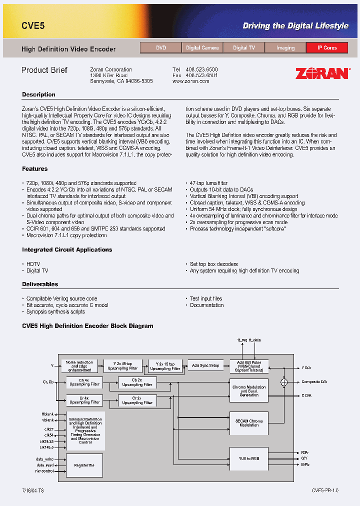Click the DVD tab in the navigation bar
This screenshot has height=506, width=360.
[161, 48]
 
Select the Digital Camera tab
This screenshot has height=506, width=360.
[202, 48]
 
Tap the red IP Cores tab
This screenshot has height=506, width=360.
[327, 48]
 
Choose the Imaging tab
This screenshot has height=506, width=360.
[285, 48]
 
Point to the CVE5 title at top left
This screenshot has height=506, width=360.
[33, 25]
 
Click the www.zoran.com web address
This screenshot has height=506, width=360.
[190, 81]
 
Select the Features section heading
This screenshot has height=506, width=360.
[35, 169]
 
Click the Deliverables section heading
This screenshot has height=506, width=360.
[40, 284]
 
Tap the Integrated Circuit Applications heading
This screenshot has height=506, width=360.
[67, 250]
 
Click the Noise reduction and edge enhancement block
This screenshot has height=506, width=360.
[79, 365]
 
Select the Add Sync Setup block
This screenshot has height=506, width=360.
[205, 365]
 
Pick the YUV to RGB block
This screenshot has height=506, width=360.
[248, 458]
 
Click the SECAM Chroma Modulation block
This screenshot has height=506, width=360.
[248, 423]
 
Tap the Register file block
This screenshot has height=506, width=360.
[84, 465]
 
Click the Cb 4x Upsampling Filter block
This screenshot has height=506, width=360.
[84, 382]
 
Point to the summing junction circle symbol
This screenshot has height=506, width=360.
[284, 381]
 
